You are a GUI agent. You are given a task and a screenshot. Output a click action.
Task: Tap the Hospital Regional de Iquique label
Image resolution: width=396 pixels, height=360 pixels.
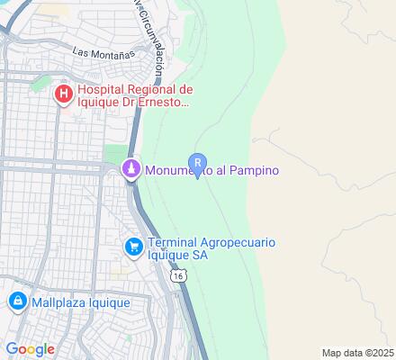[135, 96]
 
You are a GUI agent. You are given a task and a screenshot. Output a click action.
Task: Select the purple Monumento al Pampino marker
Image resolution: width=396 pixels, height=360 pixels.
[132, 170]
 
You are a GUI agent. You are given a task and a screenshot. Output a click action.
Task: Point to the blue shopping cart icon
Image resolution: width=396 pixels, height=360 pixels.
[133, 246]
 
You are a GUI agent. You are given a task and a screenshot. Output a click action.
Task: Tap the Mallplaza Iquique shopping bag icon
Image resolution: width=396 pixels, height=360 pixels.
[16, 302]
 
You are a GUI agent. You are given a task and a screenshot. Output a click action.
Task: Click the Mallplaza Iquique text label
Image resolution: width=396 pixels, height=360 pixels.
[81, 302]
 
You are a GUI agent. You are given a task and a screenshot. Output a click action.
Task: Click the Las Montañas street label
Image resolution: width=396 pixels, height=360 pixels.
[104, 54]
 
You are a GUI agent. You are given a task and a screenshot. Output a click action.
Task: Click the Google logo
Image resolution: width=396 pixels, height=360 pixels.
[31, 348]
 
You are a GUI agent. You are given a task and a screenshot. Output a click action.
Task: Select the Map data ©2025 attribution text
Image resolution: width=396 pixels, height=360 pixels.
[358, 353]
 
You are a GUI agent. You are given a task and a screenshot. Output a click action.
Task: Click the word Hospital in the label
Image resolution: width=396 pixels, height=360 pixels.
[104, 90]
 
